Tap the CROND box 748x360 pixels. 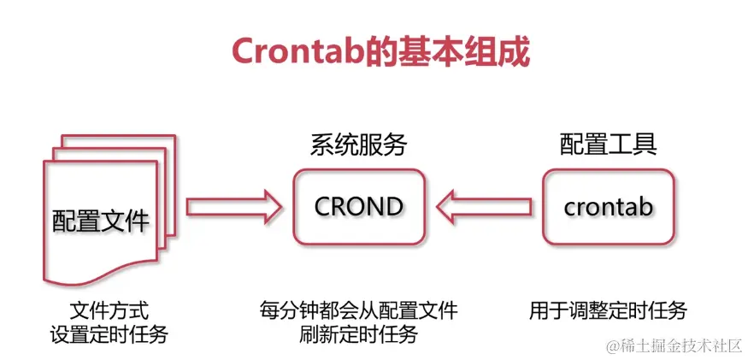[x=358, y=206]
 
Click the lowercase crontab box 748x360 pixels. [x=608, y=206]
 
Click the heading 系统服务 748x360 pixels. [x=358, y=145]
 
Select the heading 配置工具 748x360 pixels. [x=608, y=143]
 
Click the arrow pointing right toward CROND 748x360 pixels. [x=233, y=206]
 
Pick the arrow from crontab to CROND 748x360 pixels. [x=482, y=206]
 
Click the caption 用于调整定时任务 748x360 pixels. [x=608, y=310]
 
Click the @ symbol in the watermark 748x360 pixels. [x=614, y=345]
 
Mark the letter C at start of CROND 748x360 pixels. [x=322, y=206]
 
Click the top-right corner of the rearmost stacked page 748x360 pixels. [x=174, y=136]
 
